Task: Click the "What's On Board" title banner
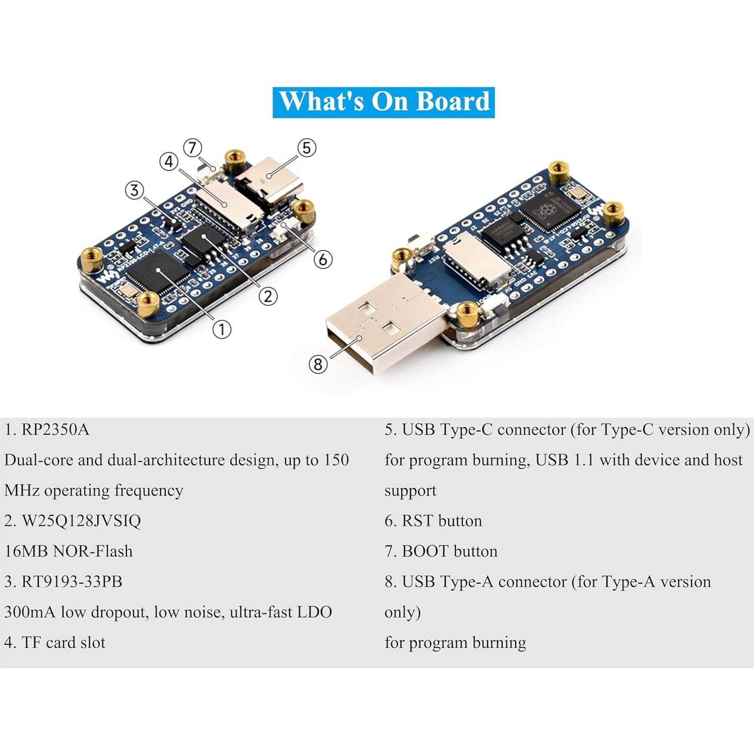[383, 102]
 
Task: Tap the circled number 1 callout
[222, 329]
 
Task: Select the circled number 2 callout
[268, 296]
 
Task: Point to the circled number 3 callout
[134, 190]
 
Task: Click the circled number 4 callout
[169, 162]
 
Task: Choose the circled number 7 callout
[192, 148]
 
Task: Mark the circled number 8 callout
[317, 364]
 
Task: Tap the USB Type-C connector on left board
[271, 189]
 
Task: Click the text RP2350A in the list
[55, 430]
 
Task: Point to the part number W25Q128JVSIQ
[81, 521]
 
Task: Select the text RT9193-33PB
[72, 582]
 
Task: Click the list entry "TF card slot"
[63, 643]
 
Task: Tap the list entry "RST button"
[441, 521]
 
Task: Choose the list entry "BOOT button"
[449, 551]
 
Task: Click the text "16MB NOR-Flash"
[68, 551]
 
